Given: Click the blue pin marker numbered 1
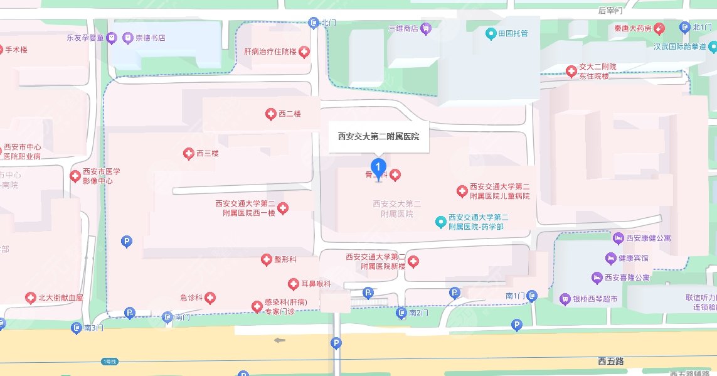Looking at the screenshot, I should point(378,168).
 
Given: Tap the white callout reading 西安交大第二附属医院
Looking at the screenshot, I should point(378,136).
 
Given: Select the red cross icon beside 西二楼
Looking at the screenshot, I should point(270,114).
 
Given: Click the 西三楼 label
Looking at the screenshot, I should point(207,153).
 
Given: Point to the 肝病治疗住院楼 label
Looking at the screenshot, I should point(270,51).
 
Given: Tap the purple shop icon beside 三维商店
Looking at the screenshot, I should point(426,28).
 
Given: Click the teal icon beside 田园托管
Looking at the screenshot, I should point(491,33).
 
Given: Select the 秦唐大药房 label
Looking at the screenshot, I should point(632,28).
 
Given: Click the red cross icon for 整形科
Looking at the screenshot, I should point(266,260).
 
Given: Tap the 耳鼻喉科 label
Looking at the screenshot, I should point(314,284).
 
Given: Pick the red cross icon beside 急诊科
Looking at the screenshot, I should point(210,298).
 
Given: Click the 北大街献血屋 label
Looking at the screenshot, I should point(61,298).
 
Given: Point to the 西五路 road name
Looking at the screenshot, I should point(610,361).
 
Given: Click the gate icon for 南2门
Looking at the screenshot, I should point(401,313).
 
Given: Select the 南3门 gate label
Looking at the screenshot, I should point(93,327).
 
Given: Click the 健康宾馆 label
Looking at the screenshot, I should point(634,258).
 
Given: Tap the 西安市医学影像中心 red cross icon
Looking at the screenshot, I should point(76,176).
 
